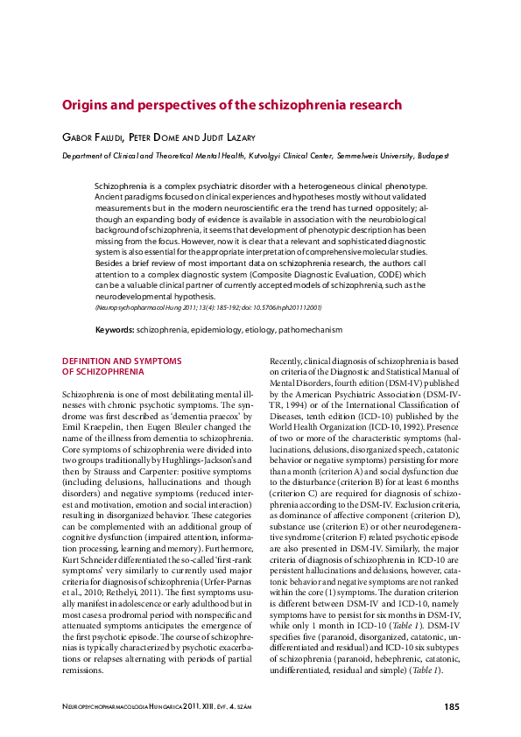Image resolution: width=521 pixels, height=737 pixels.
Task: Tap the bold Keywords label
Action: pos(114,330)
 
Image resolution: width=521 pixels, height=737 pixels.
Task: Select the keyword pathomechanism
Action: pos(310,330)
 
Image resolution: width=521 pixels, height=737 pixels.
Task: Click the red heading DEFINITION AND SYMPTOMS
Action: pos(121,361)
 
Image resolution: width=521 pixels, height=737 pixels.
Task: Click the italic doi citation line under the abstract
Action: pos(208,308)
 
